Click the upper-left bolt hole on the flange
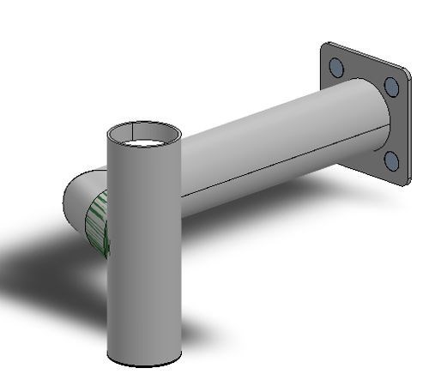click(x=336, y=68)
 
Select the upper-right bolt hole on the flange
click(x=391, y=86)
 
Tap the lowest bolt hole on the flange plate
click(x=391, y=160)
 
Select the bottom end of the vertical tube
click(x=144, y=359)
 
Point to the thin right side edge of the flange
click(x=409, y=129)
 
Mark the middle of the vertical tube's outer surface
click(x=144, y=249)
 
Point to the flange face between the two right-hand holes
click(x=396, y=123)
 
